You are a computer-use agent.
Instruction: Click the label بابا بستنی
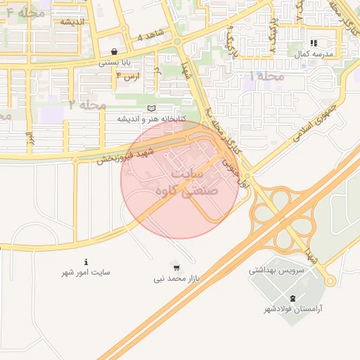point(115,62)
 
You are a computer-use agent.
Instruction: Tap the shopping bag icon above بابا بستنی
point(115,51)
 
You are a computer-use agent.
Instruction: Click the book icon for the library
point(151,108)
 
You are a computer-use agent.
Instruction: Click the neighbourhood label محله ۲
point(87,104)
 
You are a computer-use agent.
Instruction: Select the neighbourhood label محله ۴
point(20,13)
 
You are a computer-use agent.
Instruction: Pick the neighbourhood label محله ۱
point(267,75)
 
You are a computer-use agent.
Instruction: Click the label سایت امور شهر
point(86,272)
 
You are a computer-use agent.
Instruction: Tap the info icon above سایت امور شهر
point(86,262)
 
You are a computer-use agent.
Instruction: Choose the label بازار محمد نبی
point(177,278)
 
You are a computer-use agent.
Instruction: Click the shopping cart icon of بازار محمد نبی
point(176,268)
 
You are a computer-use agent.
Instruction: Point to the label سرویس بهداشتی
point(276,269)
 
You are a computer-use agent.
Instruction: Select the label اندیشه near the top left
point(72,21)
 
